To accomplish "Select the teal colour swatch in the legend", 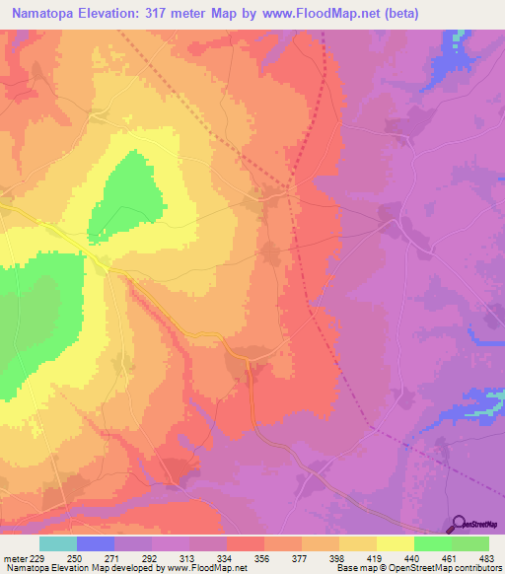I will (58, 544).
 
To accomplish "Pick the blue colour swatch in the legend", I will (96, 544).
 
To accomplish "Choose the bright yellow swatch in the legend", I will (395, 544).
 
